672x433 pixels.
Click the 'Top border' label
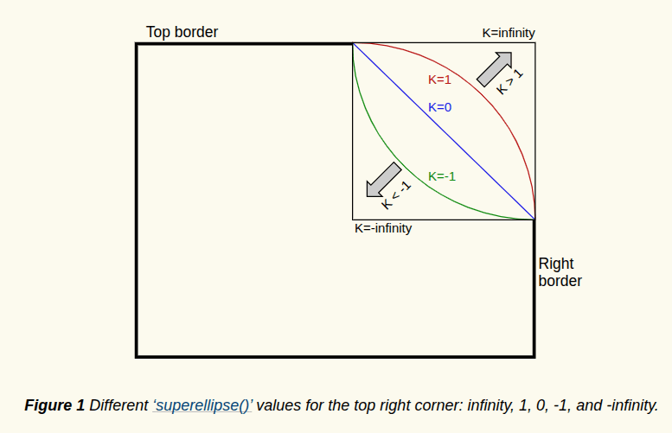tap(182, 32)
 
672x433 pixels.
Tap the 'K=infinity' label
tap(509, 33)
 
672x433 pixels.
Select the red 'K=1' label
tap(440, 80)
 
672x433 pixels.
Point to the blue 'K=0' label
tap(440, 107)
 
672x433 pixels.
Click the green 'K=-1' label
tap(442, 176)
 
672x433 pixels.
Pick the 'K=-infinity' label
tap(383, 229)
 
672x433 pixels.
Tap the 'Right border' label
tap(560, 272)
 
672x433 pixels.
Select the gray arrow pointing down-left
tap(383, 179)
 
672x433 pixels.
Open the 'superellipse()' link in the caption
tap(203, 404)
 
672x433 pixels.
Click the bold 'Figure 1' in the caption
tap(54, 404)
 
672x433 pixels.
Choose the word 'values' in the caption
tap(278, 404)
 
